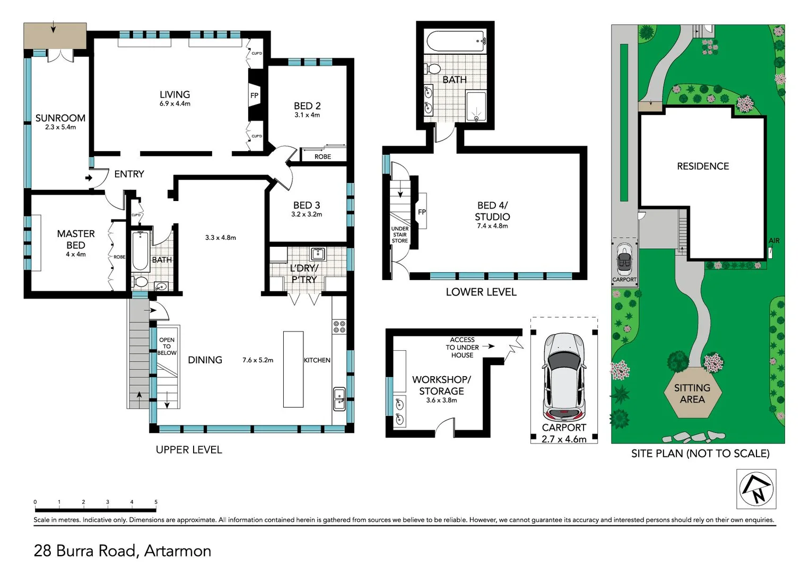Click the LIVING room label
(x=175, y=94)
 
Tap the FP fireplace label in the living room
(x=254, y=95)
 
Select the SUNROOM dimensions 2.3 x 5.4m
(x=60, y=127)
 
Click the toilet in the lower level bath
(x=433, y=68)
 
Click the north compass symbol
(x=756, y=489)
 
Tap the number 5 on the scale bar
(x=156, y=502)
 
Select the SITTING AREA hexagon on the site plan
(x=693, y=393)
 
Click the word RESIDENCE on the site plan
(x=703, y=166)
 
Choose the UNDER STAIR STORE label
(x=399, y=235)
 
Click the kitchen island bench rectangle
(x=293, y=369)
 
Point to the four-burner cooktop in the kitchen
(x=339, y=326)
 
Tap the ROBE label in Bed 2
(x=323, y=157)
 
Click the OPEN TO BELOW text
(x=167, y=346)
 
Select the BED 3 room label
(x=307, y=205)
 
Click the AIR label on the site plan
(x=774, y=240)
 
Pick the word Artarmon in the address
(x=178, y=551)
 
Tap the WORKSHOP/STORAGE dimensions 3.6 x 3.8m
(x=441, y=400)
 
